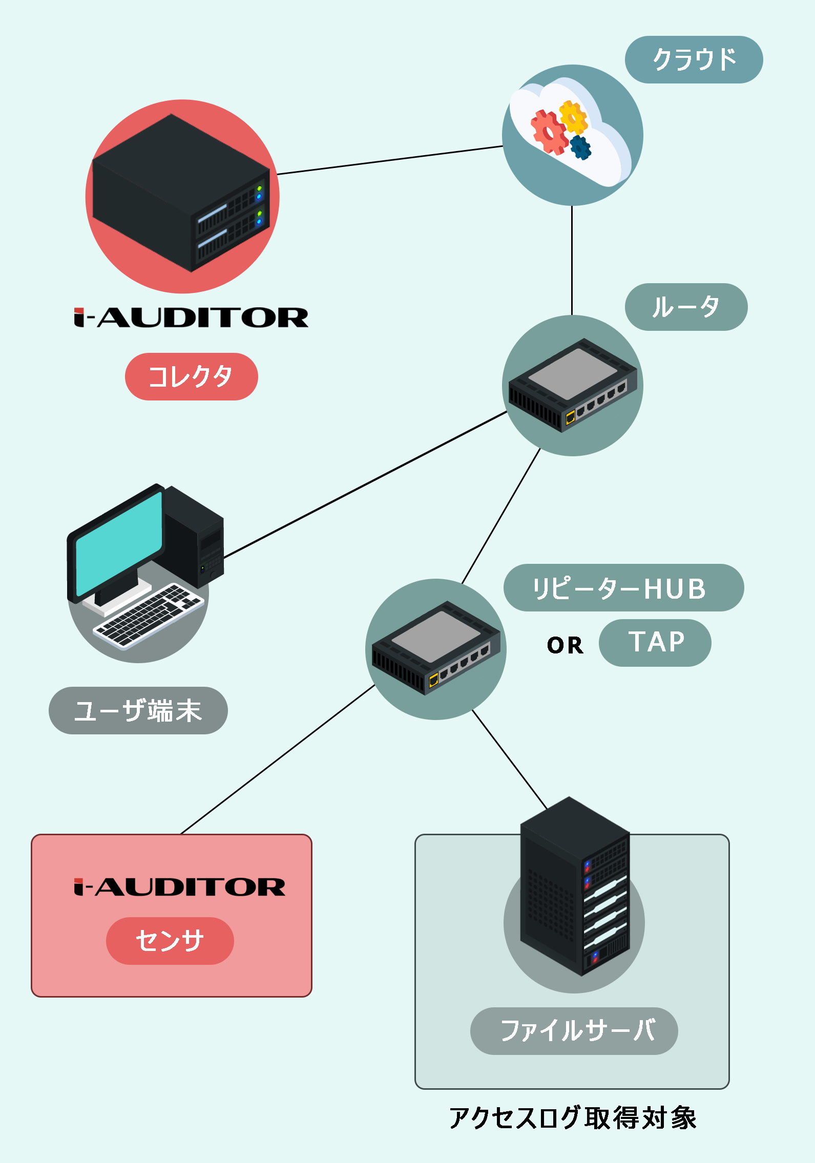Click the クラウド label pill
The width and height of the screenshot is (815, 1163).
[x=694, y=59]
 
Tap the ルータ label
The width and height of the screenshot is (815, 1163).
[x=686, y=307]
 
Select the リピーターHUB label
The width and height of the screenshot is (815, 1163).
[x=623, y=587]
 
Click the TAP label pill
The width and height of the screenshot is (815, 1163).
[x=655, y=643]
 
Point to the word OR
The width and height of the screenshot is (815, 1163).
[x=565, y=645]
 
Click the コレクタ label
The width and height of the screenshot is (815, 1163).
[x=191, y=376]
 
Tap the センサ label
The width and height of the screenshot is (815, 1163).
[x=170, y=941]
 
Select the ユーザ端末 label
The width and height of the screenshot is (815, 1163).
[x=138, y=710]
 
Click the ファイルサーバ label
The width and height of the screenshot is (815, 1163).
[x=574, y=1031]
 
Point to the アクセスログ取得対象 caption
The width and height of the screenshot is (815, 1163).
[x=573, y=1117]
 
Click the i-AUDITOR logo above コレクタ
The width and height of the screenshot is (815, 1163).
[x=191, y=318]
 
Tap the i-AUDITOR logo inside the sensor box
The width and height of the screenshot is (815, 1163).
[x=179, y=887]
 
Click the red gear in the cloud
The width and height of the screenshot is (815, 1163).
[x=549, y=133]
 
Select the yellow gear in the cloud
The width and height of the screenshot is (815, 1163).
[x=573, y=118]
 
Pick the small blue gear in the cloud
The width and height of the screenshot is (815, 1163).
[x=580, y=147]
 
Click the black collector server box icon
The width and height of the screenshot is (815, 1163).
[x=181, y=193]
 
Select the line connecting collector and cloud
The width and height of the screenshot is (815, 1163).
[x=390, y=160]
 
